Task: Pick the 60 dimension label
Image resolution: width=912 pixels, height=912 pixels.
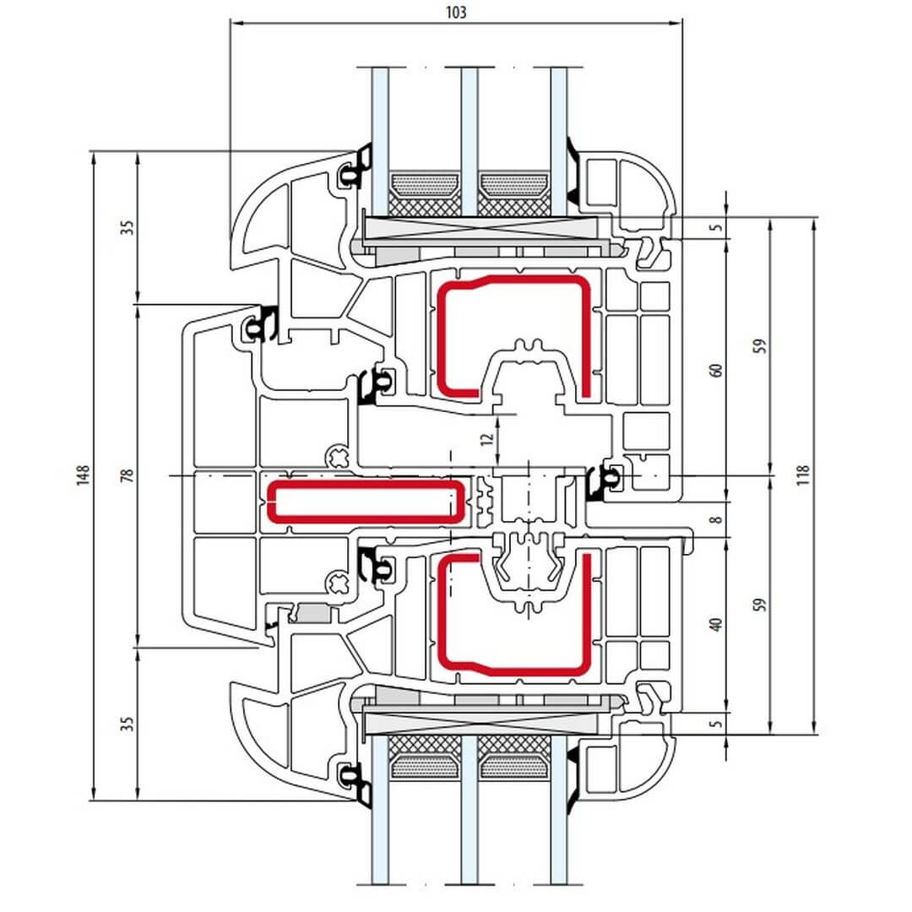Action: pos(716,372)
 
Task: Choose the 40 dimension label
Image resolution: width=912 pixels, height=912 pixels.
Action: pos(716,625)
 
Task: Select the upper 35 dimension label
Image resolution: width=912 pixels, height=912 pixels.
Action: pos(128,228)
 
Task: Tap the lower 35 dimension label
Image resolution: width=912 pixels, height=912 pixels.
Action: pos(128,724)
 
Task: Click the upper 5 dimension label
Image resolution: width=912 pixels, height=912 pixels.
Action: pos(716,228)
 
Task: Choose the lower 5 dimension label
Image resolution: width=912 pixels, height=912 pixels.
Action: pos(716,724)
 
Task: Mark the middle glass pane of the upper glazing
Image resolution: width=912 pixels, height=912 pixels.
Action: pos(470,135)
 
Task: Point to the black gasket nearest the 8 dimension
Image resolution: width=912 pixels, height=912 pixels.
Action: pos(598,484)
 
